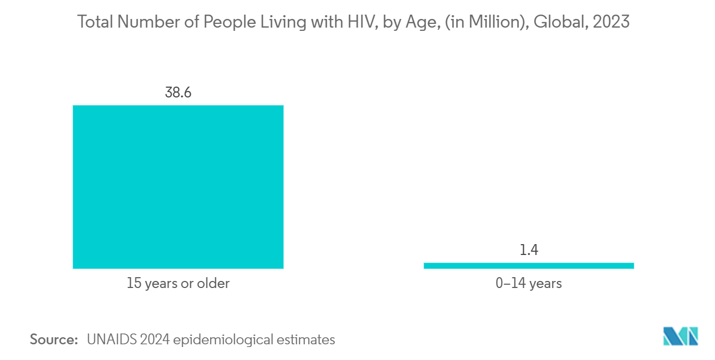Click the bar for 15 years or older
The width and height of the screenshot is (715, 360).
tap(178, 187)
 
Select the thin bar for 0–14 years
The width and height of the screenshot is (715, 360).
tap(528, 266)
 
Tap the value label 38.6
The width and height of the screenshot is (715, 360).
tap(178, 93)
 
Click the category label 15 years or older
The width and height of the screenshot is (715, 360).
tap(178, 283)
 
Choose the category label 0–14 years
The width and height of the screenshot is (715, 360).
tap(528, 283)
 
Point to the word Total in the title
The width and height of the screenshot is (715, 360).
tap(95, 22)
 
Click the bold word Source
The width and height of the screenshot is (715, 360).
tap(54, 340)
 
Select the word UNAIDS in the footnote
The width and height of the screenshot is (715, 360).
tap(111, 340)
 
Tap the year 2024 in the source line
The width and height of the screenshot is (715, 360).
tap(155, 340)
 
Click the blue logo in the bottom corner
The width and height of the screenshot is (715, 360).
tap(680, 336)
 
